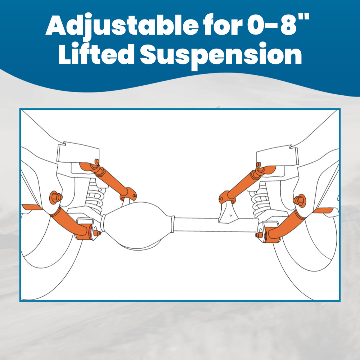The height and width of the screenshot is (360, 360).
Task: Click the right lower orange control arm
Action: pos(288,223)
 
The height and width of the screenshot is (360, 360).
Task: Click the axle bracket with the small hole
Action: pos(228,212)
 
